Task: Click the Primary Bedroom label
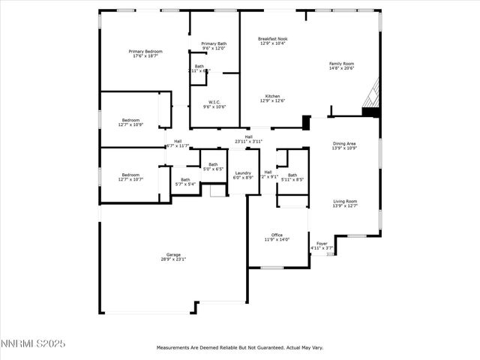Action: (147, 53)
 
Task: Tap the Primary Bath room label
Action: (214, 46)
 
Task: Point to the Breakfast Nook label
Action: (273, 40)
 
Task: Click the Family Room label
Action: (341, 66)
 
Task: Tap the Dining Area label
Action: (344, 145)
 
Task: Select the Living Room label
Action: (345, 202)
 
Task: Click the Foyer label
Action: (322, 245)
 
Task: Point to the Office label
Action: (277, 237)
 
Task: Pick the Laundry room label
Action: (243, 175)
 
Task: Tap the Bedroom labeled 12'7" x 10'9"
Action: (130, 122)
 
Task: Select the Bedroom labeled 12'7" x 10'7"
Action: (130, 177)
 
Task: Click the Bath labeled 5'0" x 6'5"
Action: (213, 166)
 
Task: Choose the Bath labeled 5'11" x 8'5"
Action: (292, 177)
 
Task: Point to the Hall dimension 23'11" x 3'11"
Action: (248, 139)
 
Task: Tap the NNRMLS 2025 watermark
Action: (33, 343)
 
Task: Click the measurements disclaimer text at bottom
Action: (239, 348)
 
